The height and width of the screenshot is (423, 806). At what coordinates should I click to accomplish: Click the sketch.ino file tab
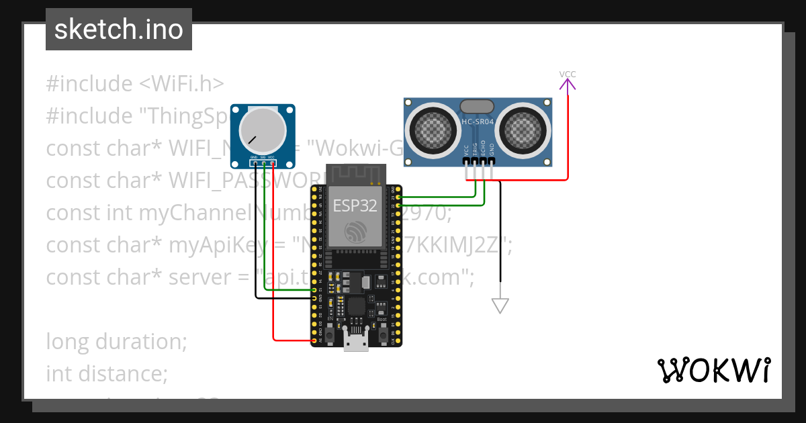119,30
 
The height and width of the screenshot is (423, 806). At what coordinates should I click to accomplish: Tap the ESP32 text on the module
355,206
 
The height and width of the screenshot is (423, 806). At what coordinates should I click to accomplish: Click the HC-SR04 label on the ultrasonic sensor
478,122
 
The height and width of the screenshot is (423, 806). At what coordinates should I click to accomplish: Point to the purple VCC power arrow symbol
568,84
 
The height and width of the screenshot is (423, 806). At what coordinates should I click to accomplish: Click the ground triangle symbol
500,305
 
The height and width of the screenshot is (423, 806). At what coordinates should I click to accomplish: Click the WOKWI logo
713,370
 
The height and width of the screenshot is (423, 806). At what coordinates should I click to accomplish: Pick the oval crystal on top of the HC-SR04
478,105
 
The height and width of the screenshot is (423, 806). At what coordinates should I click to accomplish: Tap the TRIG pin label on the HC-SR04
475,149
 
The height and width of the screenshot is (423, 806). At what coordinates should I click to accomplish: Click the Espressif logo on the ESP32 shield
355,232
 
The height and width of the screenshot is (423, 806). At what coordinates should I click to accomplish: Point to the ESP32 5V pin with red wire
314,341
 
